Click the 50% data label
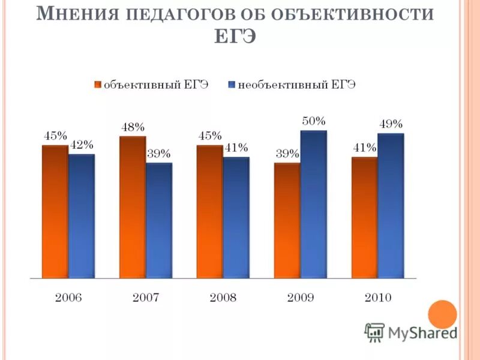[313, 121]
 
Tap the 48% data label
[133, 127]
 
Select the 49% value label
[391, 124]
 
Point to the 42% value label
[82, 145]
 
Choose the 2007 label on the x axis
[145, 298]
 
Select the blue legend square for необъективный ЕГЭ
[232, 85]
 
